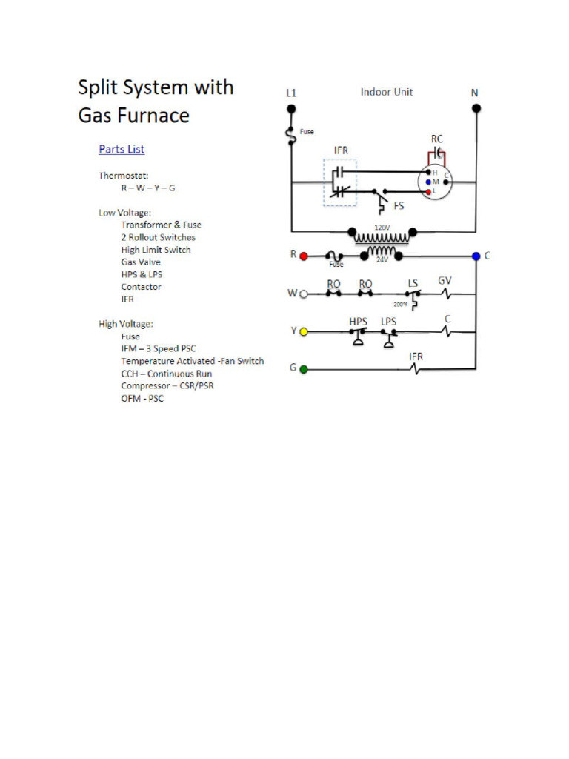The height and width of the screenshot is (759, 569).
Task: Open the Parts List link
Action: point(122,149)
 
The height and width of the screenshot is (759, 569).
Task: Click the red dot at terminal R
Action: point(303,256)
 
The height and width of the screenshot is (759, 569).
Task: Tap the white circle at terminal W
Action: point(303,294)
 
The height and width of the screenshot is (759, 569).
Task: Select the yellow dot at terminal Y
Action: point(303,331)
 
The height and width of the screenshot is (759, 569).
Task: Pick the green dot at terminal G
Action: point(303,368)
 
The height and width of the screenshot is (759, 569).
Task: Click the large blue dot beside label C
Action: point(476,256)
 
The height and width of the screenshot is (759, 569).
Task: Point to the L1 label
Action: point(292,93)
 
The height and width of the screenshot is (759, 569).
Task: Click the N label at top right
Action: point(475,93)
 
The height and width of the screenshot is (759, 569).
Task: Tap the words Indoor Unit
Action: point(387,92)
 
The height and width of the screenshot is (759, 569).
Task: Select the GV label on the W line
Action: point(445,281)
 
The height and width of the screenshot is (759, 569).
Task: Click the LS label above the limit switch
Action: point(413,283)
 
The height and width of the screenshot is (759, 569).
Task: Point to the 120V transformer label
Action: point(382,227)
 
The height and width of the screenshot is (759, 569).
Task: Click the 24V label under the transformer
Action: point(382,260)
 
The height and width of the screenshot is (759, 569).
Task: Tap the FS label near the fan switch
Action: point(399,205)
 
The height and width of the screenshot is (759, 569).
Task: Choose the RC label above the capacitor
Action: point(437,139)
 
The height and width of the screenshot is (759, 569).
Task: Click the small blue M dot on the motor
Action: point(428,182)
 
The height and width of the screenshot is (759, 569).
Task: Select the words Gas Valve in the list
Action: point(141,262)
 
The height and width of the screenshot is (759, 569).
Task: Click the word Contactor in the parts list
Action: point(141,287)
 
